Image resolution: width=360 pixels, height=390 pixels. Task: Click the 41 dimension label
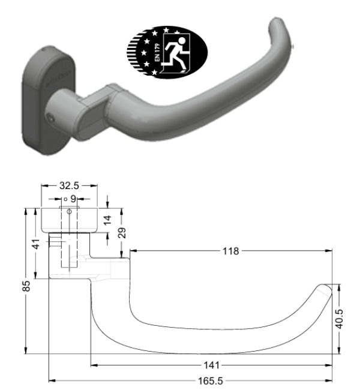(x=36, y=245)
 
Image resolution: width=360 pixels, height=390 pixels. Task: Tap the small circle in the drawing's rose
(x=69, y=211)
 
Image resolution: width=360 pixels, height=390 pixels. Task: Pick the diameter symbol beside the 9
(x=65, y=198)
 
